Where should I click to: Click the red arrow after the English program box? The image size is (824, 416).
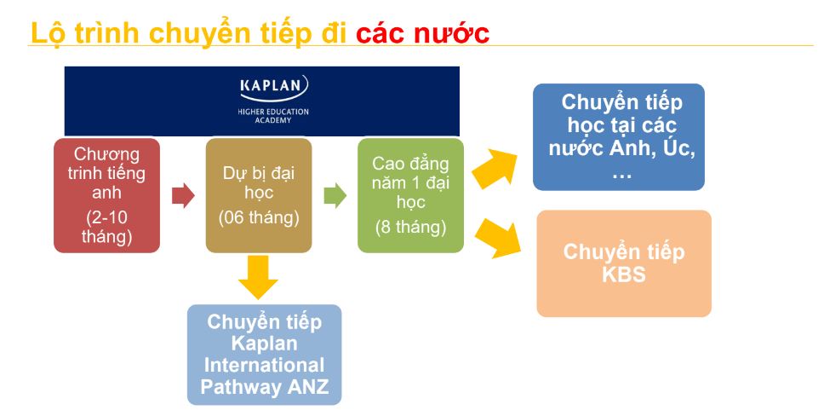183,196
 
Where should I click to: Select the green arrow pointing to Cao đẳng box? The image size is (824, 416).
335,196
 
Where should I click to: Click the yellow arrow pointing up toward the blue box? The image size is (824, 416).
494,168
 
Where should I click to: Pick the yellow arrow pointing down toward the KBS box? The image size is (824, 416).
496,239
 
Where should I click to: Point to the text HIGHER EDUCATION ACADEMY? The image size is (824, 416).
273,116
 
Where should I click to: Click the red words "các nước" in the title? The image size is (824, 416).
422,33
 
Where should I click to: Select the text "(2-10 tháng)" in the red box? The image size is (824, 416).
106,227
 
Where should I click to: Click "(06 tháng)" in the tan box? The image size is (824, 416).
259,217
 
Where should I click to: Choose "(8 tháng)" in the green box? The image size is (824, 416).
410,227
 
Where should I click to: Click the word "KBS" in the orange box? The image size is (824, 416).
624,274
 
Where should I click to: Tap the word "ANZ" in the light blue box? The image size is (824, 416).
308,387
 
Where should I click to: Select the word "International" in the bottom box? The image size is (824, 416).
264,365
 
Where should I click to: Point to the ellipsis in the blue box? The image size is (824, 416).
621,176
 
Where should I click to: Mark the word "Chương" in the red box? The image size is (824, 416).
106,154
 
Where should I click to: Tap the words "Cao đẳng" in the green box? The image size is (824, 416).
410,164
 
